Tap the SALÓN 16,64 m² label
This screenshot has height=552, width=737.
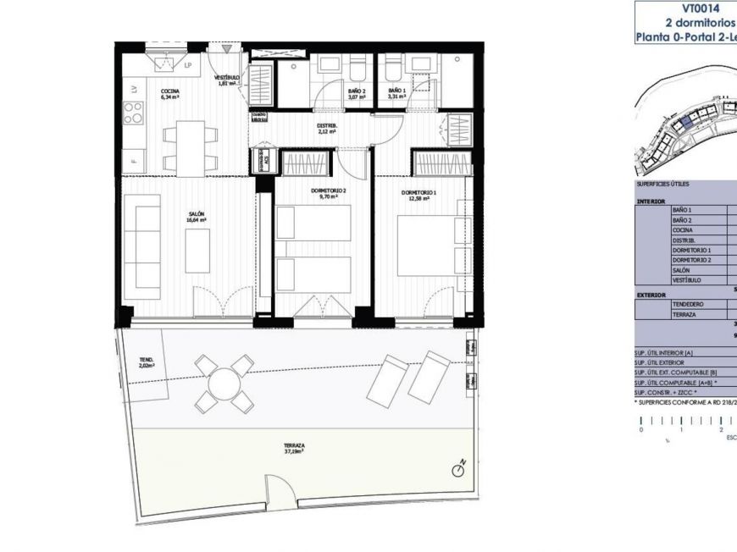[x=197, y=218]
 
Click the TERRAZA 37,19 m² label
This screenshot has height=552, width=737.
[x=294, y=448]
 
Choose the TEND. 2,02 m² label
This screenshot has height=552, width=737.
[x=147, y=363]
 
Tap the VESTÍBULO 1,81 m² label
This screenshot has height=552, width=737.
[x=227, y=80]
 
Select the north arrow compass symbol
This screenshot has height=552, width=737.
[x=459, y=465]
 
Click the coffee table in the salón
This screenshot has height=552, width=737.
[x=197, y=256]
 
